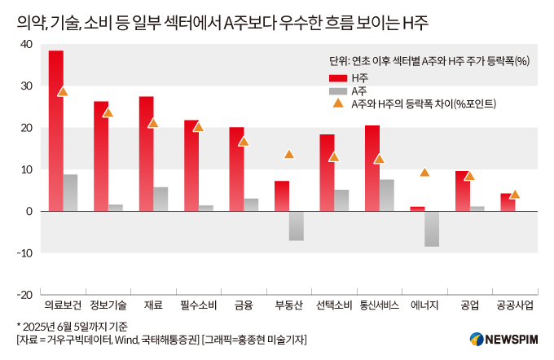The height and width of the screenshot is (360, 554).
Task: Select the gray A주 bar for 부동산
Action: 297,226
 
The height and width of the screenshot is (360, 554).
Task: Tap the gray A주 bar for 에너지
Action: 432,229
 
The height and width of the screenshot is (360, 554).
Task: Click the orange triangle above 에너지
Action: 424,172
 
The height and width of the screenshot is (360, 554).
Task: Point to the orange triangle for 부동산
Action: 288,154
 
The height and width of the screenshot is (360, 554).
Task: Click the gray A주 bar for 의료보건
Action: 71,193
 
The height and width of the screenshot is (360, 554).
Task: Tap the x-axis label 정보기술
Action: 108,305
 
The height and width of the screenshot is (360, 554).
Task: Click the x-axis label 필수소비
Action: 198,305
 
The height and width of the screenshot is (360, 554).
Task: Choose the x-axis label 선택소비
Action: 333,305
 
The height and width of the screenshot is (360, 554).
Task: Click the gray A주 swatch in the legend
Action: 337,90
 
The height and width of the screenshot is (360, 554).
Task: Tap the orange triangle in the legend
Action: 337,103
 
